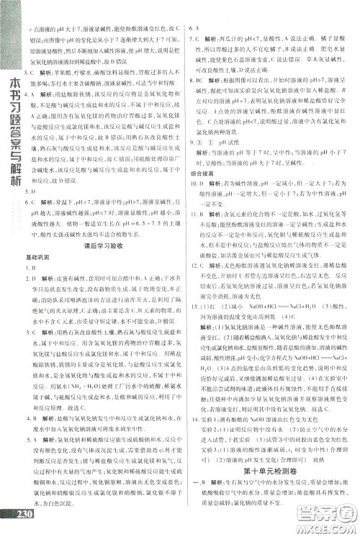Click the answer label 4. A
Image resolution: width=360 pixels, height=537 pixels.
point(31,414)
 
